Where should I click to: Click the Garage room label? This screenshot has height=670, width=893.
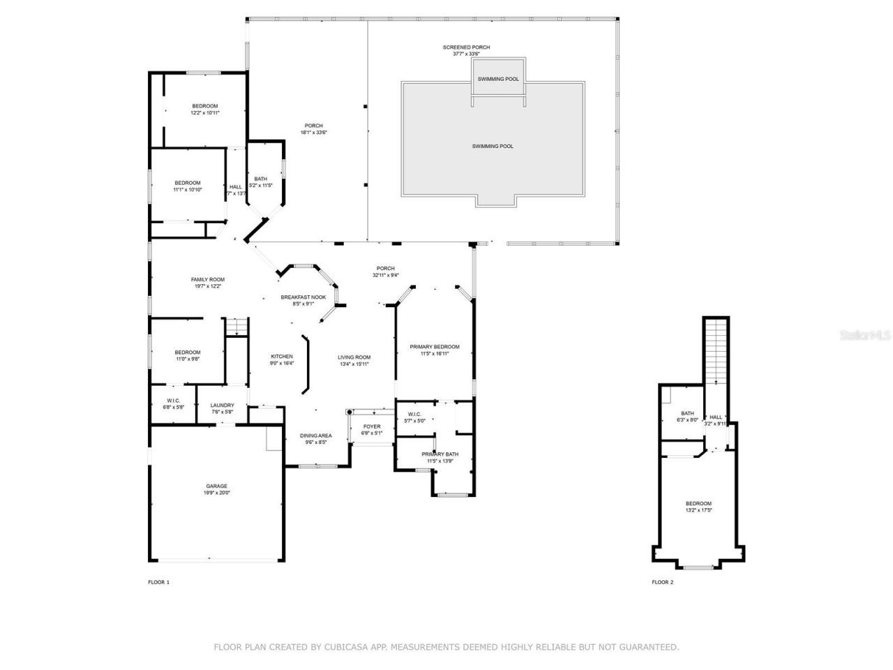(216, 489)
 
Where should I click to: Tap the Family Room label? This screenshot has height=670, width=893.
(208, 283)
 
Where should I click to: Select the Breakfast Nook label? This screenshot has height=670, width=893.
(303, 300)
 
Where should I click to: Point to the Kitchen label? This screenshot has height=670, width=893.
(282, 359)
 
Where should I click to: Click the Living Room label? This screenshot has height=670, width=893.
(354, 360)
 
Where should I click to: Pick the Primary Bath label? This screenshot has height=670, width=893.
(440, 457)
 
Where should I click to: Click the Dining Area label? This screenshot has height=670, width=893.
(316, 438)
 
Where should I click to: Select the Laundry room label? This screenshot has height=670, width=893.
(223, 408)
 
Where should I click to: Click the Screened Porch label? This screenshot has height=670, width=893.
(466, 50)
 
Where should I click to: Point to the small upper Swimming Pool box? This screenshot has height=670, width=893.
(498, 79)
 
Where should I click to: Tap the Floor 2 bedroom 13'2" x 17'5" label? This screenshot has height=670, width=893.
(698, 507)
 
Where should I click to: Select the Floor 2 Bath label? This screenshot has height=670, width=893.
(687, 417)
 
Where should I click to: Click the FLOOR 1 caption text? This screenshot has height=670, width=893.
(158, 582)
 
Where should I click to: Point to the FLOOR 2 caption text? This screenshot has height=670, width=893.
(663, 582)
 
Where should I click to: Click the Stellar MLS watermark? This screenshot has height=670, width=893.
(865, 335)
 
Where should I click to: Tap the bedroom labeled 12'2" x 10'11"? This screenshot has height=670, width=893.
(205, 110)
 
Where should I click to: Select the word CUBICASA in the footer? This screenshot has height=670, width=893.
(345, 648)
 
